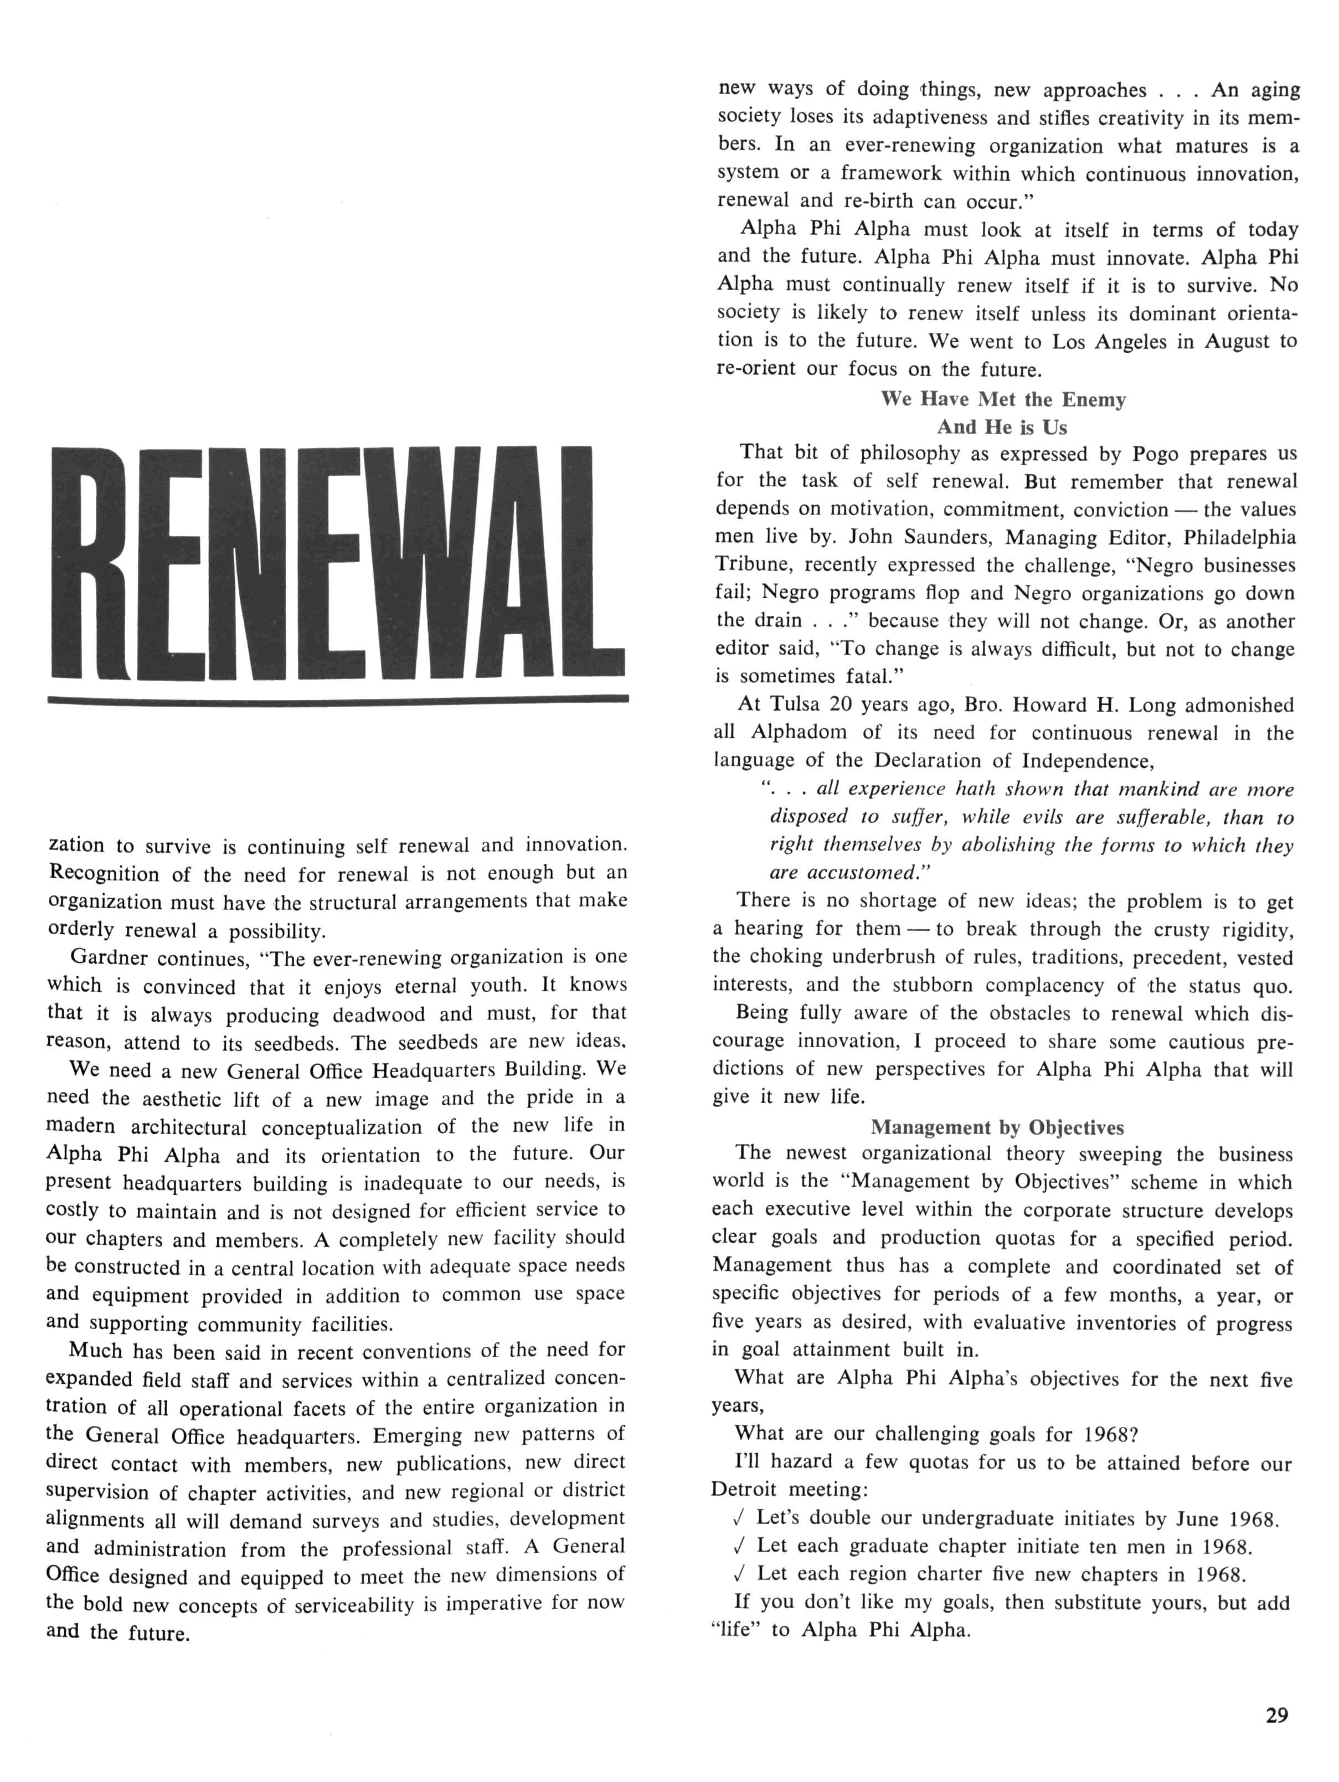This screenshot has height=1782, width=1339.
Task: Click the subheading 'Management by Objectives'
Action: click(x=997, y=1127)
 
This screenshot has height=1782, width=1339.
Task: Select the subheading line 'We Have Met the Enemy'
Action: click(x=1002, y=400)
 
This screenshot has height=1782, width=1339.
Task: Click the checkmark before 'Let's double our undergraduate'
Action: click(x=740, y=1518)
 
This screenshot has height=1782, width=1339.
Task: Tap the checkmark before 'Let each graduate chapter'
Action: click(x=740, y=1546)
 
